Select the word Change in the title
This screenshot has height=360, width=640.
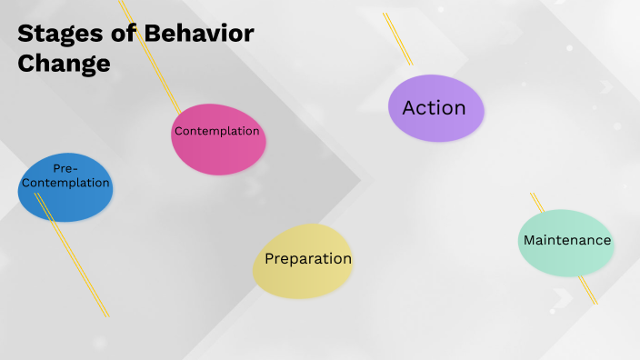[64, 65]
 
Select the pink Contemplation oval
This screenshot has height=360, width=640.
[217, 155]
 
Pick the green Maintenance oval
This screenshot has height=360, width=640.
[565, 259]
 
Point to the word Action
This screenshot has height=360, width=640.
[435, 107]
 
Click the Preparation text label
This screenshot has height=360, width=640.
[308, 259]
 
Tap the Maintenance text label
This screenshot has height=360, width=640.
[566, 240]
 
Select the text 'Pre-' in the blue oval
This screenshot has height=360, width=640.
[65, 168]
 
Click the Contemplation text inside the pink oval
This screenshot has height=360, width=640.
[217, 131]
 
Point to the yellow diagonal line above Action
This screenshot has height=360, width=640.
[397, 38]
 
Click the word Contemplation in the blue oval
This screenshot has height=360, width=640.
[65, 183]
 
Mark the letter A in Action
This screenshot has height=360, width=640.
[409, 108]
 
